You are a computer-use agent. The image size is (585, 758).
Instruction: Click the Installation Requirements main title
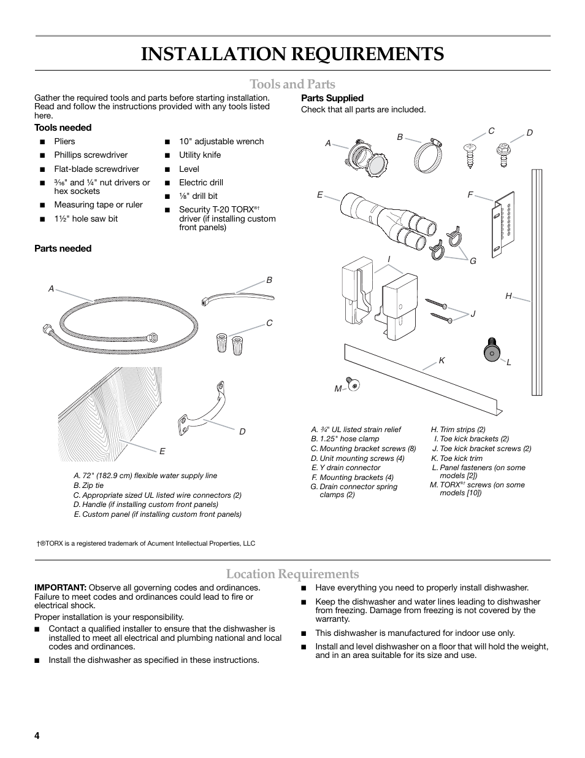[292, 54]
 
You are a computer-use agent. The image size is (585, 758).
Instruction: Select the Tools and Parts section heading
[292, 84]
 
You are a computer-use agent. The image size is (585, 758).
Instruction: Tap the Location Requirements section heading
[292, 574]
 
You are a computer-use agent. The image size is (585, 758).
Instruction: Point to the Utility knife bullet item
[200, 155]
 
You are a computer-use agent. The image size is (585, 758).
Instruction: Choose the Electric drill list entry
[201, 182]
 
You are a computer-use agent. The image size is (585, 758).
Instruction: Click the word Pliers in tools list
[65, 141]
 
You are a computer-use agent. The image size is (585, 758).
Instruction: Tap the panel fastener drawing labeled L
[491, 350]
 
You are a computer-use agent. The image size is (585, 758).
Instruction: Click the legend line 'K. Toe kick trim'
[456, 458]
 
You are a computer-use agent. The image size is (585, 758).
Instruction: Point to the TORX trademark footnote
[146, 543]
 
